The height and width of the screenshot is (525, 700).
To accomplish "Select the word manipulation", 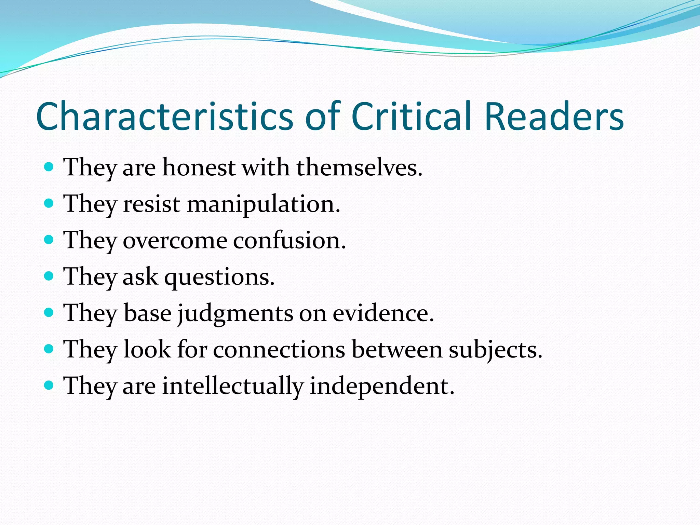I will point(264,204).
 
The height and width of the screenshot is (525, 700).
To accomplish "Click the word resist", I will point(151,204).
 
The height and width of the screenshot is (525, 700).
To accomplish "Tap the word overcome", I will point(175,241).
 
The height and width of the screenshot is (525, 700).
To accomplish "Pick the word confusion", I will point(290,241).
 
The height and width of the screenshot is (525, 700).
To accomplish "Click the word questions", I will point(219,277).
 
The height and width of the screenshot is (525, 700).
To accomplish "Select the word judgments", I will point(235,314).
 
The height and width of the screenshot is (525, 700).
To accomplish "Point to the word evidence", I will point(383,313).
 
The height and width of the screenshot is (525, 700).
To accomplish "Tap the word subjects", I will point(495,350).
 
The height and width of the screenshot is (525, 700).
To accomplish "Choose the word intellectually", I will point(233,386).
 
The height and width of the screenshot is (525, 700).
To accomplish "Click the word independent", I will point(382,386).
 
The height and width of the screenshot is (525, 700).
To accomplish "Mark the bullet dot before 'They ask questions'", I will point(49,276).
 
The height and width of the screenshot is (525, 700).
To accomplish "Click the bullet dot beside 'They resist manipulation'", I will point(49,203).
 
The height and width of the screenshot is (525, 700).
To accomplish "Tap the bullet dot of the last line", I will point(49,386).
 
